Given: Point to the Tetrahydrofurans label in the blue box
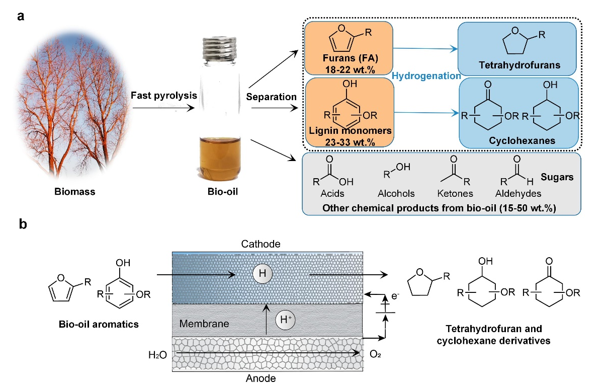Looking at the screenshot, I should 520,65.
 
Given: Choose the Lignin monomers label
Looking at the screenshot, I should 348,131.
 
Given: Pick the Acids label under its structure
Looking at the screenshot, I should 334,193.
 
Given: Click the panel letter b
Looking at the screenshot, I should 22,224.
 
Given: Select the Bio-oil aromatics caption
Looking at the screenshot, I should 98,324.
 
